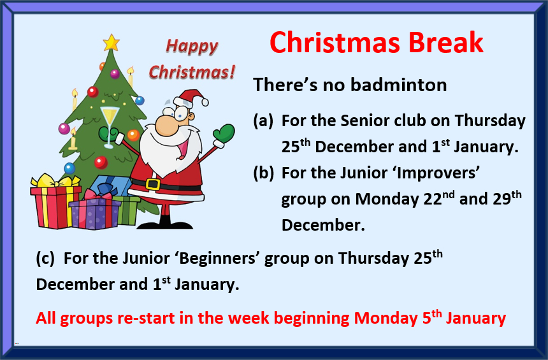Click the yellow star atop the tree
click(x=111, y=43)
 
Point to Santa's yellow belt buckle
click(x=153, y=184)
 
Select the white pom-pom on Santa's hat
click(x=205, y=102)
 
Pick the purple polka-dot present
click(x=94, y=211)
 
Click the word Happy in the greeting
click(x=192, y=47)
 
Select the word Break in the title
click(x=446, y=43)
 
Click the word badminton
click(x=399, y=85)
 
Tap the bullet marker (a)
click(x=263, y=121)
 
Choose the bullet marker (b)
click(x=264, y=173)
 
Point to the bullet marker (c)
click(x=45, y=259)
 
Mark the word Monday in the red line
click(x=386, y=318)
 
